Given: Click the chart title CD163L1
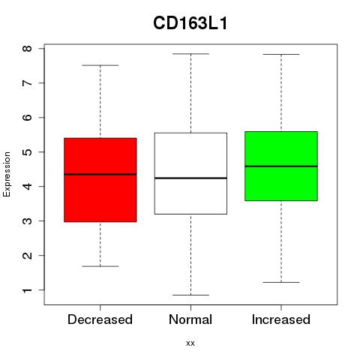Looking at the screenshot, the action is (190, 23).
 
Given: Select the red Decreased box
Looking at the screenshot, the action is (100, 180).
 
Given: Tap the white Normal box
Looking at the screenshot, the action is (190, 173).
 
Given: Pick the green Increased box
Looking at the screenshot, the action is (281, 166).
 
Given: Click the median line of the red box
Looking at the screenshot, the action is (100, 174).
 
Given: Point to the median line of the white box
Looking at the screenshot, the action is (190, 178).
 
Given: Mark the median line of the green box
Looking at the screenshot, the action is (281, 166).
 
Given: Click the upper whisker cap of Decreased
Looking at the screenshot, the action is (100, 65).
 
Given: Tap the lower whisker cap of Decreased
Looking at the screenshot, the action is (100, 266).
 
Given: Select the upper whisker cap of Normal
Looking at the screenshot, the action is (190, 54).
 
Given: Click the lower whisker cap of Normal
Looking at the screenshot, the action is (190, 295).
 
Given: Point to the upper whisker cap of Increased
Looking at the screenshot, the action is (281, 54).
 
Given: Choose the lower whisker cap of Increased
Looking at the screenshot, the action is (281, 282).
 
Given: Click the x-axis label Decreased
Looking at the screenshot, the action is (100, 319).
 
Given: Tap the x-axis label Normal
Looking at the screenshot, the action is (190, 319).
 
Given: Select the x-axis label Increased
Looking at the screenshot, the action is (281, 319).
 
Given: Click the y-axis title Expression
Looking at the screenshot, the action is (7, 174).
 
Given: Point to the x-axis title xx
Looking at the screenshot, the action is (190, 343).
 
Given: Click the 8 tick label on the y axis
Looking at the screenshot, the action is (27, 48).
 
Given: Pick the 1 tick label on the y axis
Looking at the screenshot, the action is (27, 290).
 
